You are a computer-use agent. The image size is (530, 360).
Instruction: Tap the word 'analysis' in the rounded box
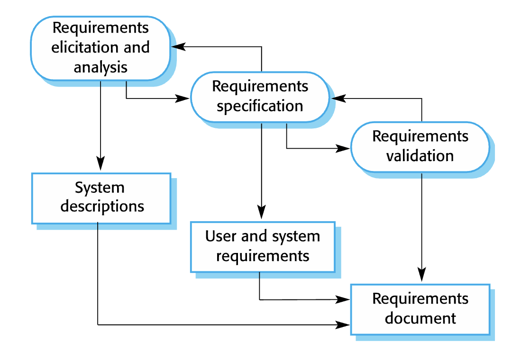click(101, 67)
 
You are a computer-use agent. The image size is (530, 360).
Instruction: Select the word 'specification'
click(260, 106)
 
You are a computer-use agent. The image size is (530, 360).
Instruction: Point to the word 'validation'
click(420, 156)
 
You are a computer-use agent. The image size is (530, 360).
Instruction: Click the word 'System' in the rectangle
click(100, 188)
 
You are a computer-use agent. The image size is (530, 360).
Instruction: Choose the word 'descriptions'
click(102, 206)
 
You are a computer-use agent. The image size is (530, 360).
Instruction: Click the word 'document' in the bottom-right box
click(420, 318)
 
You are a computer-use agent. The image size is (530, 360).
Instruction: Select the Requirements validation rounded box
click(420, 147)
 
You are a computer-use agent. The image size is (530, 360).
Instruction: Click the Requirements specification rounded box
click(260, 97)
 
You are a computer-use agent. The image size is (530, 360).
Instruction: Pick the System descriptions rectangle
click(101, 198)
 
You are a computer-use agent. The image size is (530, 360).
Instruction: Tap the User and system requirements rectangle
click(263, 247)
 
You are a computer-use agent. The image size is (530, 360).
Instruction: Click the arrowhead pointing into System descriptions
click(101, 164)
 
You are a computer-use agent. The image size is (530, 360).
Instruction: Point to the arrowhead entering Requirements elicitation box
click(178, 46)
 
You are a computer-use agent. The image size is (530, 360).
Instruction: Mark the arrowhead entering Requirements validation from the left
click(343, 148)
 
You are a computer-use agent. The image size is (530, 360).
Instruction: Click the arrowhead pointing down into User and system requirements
click(261, 212)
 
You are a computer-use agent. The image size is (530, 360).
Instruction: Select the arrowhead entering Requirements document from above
click(421, 275)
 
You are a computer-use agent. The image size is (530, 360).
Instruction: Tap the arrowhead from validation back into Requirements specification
click(338, 98)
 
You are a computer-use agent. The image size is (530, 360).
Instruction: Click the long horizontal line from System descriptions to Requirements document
click(224, 325)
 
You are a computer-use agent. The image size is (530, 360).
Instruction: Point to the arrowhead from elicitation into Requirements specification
click(182, 98)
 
